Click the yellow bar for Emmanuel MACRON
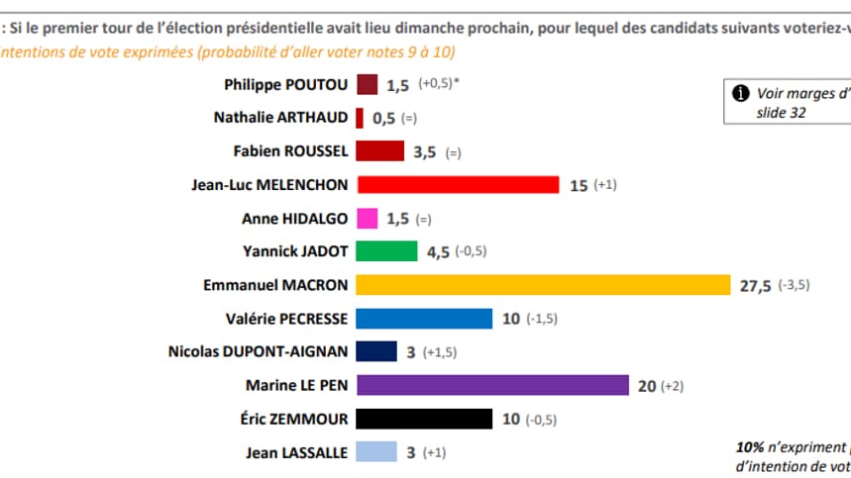click(543, 285)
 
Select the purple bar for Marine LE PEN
click(492, 385)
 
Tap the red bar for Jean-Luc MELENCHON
click(458, 184)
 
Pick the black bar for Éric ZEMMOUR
click(424, 419)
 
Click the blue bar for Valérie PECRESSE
click(424, 319)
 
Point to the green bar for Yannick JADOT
click(386, 251)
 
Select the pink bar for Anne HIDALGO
click(367, 218)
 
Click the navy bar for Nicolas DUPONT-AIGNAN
click(376, 351)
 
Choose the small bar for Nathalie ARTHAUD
click(360, 118)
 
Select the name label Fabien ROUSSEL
click(290, 150)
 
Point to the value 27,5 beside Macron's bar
click(756, 285)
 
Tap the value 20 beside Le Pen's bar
click(647, 386)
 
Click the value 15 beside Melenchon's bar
click(579, 185)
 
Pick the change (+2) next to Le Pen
click(678, 386)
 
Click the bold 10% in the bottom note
click(750, 445)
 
